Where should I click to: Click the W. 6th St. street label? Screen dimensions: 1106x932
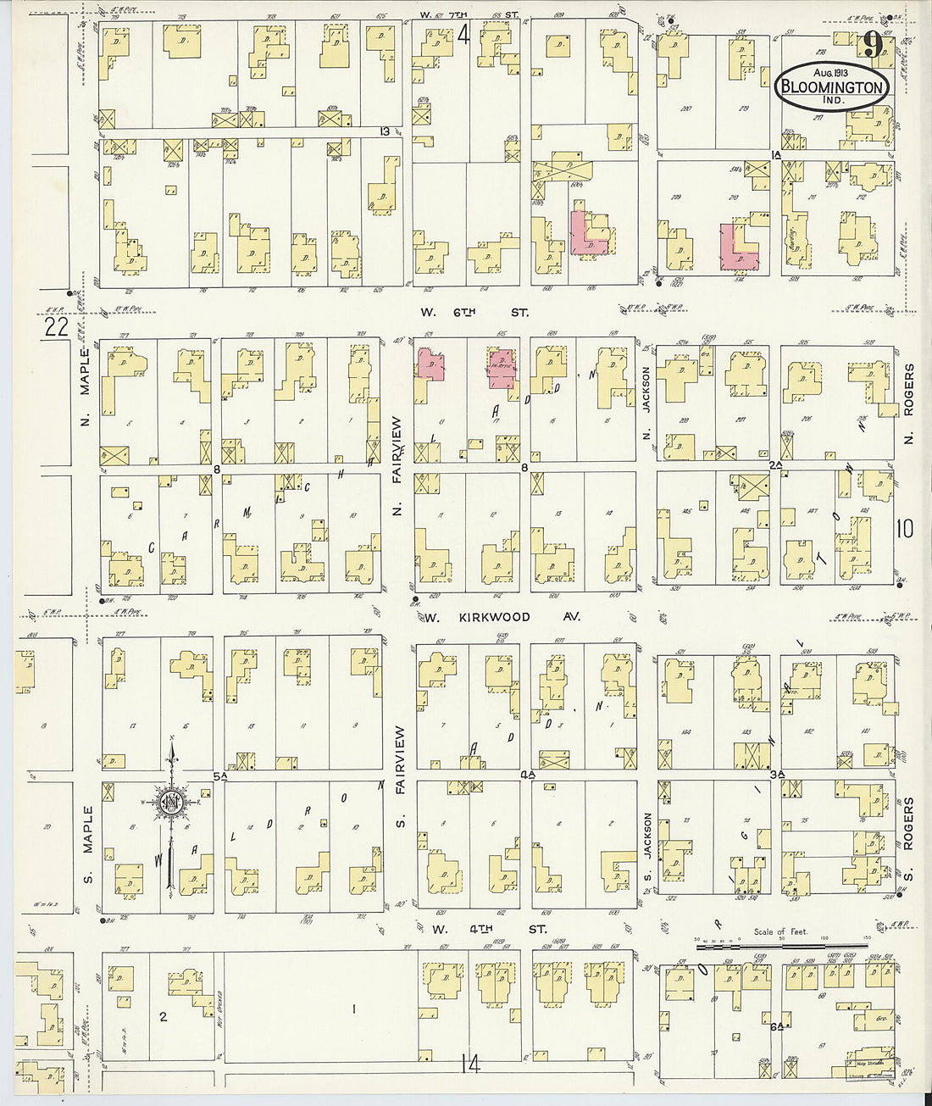474,312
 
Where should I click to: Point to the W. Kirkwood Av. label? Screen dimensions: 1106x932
502,617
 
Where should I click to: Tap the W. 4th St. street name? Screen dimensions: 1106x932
489,929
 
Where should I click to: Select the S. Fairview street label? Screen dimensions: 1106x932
399,777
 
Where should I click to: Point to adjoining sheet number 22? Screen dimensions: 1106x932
56,329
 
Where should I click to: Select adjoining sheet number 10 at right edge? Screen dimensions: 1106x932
904,529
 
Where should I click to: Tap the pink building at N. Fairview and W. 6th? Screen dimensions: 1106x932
430,365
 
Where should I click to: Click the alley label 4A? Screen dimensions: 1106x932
528,775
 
